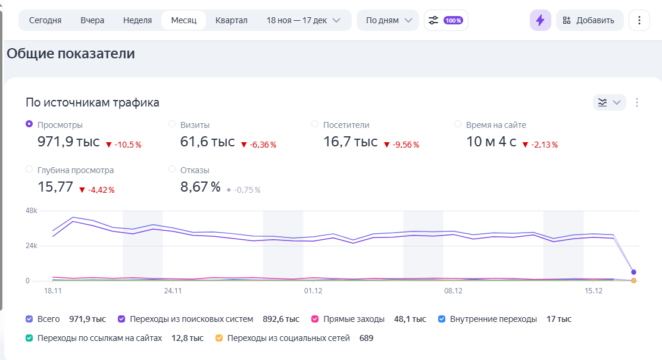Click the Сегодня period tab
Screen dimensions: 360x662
[45, 20]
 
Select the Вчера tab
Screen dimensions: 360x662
[92, 20]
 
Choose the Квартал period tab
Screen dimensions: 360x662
[231, 20]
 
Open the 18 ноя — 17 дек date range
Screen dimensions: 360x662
[303, 20]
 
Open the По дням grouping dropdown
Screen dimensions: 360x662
[388, 20]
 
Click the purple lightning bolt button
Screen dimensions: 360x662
[540, 20]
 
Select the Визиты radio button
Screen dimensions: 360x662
[172, 124]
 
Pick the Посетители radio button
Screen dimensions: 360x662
[315, 124]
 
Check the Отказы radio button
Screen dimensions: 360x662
[172, 170]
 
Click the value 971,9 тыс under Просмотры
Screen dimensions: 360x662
[68, 142]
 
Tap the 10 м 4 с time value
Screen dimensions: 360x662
[491, 142]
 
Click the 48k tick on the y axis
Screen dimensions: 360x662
[31, 211]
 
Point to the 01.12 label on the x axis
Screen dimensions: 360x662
[313, 291]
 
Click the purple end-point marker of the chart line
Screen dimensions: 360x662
[634, 272]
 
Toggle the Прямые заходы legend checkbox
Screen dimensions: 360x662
[316, 319]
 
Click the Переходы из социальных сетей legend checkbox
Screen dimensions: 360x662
[219, 338]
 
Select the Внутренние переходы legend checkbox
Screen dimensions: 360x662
[442, 319]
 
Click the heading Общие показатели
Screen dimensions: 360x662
[71, 54]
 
